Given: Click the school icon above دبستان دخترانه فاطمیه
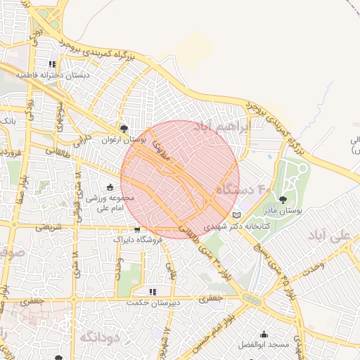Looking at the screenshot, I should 52,64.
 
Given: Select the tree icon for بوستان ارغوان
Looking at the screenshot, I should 124,129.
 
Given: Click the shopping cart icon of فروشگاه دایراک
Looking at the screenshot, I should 138,229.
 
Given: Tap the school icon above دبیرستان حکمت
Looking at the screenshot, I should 151,291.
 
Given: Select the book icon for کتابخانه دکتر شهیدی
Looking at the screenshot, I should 236,215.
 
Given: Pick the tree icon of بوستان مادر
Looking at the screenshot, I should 284,200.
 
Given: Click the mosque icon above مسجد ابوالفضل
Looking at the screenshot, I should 264,335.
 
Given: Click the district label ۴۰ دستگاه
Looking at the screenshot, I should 243,189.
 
